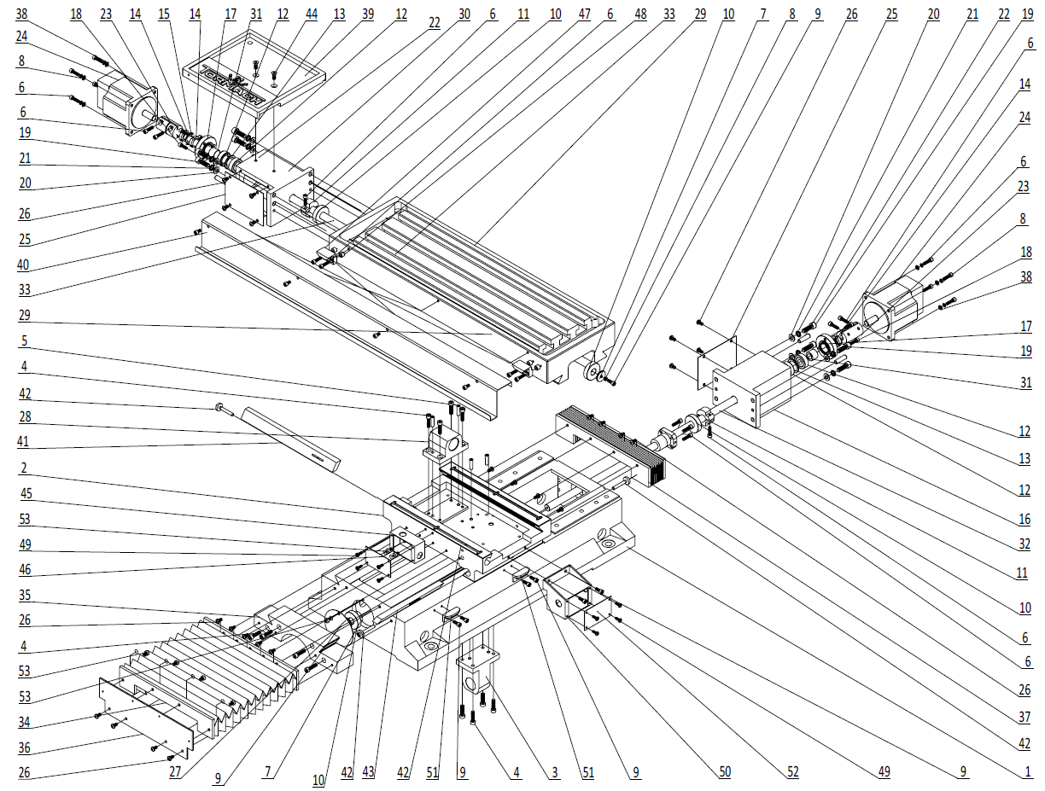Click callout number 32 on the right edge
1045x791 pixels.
tap(1022, 544)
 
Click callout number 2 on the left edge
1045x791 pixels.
tap(24, 468)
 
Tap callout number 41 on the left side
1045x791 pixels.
tap(24, 442)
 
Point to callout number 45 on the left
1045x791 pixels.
tap(24, 493)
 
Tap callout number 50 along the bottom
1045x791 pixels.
tap(725, 772)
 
